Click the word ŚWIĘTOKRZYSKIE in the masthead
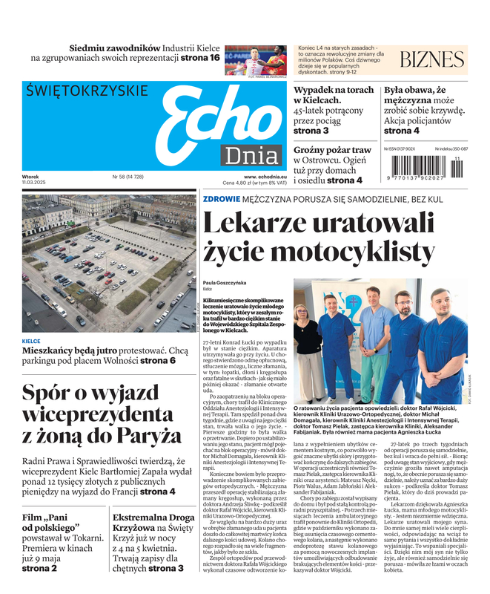[87, 91]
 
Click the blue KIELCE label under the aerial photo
[32, 342]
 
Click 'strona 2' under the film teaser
[39, 568]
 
